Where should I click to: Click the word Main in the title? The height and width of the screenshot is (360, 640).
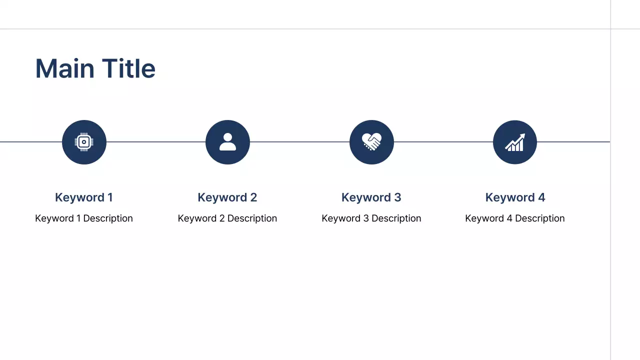click(x=64, y=68)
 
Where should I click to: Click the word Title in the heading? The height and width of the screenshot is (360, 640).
click(x=128, y=68)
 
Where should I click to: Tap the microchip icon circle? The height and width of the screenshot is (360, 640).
click(x=84, y=142)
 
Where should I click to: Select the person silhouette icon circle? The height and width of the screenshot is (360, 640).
click(x=227, y=142)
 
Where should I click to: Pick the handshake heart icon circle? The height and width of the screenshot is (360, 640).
click(x=371, y=142)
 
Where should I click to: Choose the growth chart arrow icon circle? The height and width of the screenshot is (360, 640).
click(x=515, y=142)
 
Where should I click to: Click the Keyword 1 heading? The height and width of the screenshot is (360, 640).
click(x=84, y=197)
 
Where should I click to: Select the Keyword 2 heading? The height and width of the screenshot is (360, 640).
click(x=227, y=197)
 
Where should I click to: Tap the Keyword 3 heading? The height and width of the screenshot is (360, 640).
click(x=371, y=197)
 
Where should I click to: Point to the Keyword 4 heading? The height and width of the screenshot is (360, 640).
click(x=515, y=197)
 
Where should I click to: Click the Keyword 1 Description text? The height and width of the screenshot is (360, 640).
click(x=84, y=218)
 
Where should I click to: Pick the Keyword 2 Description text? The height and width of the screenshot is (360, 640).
click(x=227, y=218)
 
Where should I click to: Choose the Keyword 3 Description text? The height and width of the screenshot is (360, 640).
click(x=371, y=218)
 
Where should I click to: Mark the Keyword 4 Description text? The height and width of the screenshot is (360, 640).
click(x=515, y=218)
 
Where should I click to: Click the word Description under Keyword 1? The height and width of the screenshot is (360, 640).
click(x=108, y=218)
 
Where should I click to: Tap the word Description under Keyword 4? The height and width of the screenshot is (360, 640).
click(x=539, y=218)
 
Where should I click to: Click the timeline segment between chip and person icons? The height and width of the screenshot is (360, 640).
click(x=156, y=142)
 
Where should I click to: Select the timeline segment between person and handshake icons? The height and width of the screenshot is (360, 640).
click(x=299, y=142)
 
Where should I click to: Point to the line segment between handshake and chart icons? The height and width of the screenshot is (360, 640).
click(x=443, y=142)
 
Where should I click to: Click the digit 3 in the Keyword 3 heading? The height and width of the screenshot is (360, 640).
click(x=397, y=197)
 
